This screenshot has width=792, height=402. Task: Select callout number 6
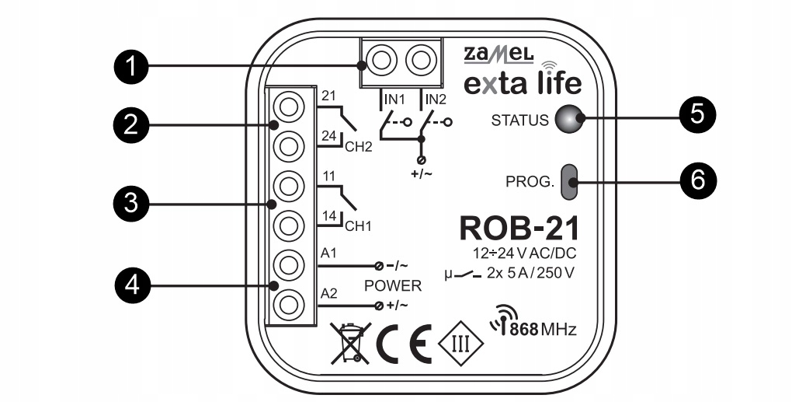696,180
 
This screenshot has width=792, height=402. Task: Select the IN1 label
392,100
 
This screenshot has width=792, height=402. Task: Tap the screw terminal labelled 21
288,107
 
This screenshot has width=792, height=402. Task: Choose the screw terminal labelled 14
288,225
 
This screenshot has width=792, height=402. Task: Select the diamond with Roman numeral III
461,341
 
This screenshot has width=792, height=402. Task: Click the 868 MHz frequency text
535,328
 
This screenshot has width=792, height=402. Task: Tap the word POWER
392,285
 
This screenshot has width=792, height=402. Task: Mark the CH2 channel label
358,145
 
